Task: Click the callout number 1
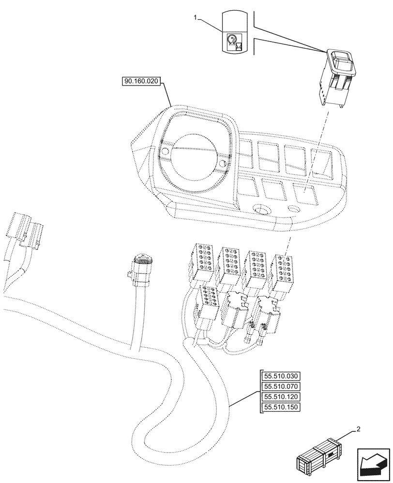pos(196,18)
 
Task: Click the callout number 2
pos(359,429)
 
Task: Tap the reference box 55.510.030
pos(281,376)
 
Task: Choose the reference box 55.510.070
pos(281,386)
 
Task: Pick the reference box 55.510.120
pos(281,397)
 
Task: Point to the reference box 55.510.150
pos(281,407)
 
